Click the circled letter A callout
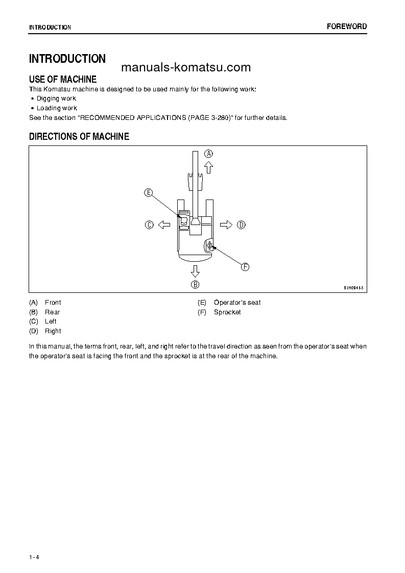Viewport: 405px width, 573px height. tap(208, 153)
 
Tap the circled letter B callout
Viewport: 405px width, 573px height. tap(195, 285)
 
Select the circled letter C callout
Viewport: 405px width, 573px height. tap(149, 225)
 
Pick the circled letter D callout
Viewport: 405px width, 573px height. tap(241, 225)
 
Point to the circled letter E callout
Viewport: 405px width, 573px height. tap(148, 192)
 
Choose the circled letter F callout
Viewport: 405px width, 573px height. tap(245, 267)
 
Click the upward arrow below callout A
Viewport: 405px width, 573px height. tap(208, 167)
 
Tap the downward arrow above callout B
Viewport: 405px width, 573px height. tap(195, 270)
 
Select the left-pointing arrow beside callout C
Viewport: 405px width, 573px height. tap(163, 225)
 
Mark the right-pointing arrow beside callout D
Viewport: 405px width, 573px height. tap(226, 225)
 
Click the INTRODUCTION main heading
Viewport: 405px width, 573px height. tap(67, 59)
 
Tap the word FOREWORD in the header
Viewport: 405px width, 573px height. tap(347, 27)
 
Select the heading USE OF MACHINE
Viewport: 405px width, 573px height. tap(63, 80)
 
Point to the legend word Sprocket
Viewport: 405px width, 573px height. tap(227, 312)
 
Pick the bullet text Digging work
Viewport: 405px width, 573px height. tap(56, 98)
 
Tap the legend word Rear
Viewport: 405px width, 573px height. tap(52, 312)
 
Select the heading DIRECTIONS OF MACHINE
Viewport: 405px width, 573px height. tap(79, 137)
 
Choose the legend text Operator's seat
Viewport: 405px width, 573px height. tap(237, 303)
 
